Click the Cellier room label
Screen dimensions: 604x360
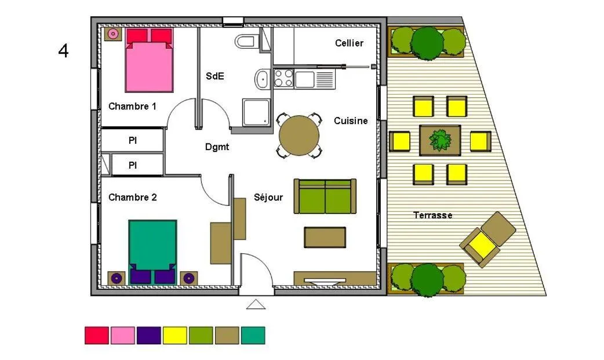point(349,43)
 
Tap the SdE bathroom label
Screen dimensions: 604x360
point(215,76)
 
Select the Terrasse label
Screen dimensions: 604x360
point(432,215)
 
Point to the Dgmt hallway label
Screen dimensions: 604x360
point(217,147)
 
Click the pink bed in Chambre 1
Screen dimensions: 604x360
point(149,60)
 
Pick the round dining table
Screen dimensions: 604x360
point(299,136)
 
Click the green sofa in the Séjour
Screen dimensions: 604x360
point(325,196)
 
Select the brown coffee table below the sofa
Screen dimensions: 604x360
point(325,237)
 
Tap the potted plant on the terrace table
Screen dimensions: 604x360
point(441,140)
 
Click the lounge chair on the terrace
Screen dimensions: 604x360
point(487,239)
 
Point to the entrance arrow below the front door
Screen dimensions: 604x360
point(256,304)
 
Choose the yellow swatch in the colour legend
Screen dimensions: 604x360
point(175,335)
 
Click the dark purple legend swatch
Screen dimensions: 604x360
point(149,335)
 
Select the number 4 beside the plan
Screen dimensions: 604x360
point(64,50)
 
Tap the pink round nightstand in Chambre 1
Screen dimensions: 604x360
point(113,34)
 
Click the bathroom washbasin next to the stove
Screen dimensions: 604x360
point(263,79)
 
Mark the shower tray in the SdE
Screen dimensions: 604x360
point(256,112)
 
